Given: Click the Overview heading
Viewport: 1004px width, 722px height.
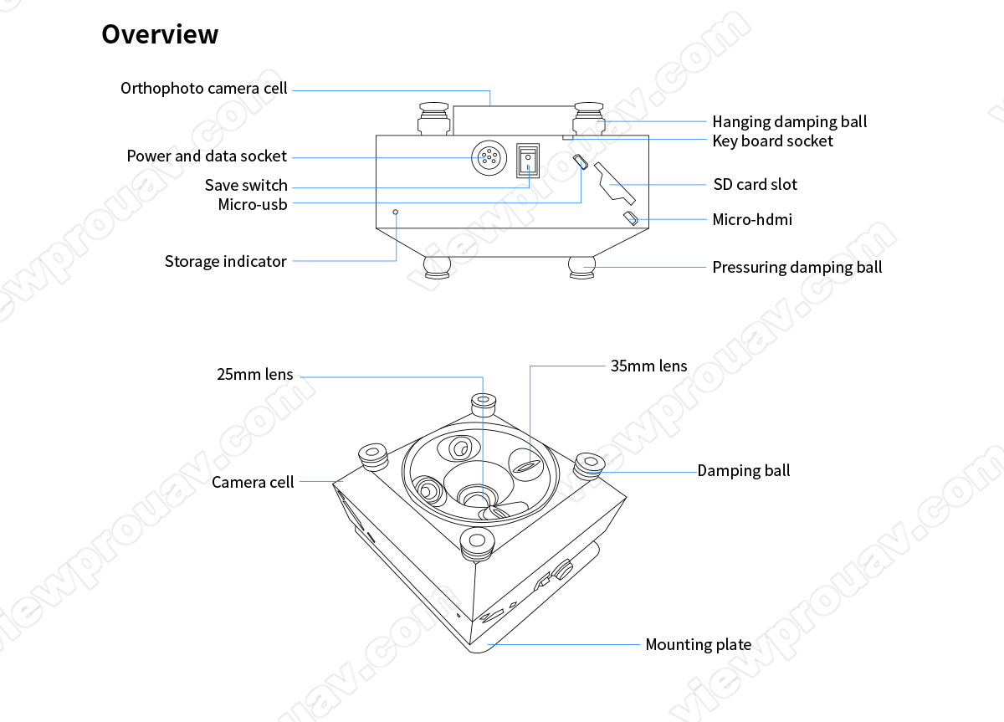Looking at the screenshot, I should click(160, 34).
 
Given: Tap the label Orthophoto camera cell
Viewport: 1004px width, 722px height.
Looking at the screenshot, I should click(203, 89).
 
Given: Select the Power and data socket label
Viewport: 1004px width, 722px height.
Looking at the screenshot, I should click(206, 156).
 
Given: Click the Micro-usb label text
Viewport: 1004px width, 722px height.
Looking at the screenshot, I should click(252, 203).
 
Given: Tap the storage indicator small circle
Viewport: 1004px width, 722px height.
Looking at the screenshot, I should click(397, 213).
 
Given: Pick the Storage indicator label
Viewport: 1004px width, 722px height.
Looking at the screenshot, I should click(225, 262).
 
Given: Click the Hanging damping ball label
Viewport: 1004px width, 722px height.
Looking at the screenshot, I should click(789, 122).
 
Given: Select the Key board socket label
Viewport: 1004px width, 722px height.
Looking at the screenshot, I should click(772, 141).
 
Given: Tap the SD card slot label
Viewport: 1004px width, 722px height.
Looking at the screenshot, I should click(755, 185).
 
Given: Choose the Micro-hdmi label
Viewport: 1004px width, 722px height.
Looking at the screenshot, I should click(751, 220).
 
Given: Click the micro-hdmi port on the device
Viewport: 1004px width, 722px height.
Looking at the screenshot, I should click(631, 219).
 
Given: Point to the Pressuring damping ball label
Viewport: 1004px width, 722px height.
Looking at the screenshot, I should click(797, 268).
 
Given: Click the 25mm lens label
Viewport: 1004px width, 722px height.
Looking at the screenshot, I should click(254, 375).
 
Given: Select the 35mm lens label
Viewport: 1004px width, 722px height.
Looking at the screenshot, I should click(648, 366).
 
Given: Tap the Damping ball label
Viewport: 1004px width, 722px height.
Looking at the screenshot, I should click(743, 471).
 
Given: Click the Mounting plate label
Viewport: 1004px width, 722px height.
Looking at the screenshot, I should click(698, 645).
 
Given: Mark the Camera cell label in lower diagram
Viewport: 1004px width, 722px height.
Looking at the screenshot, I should click(253, 482).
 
